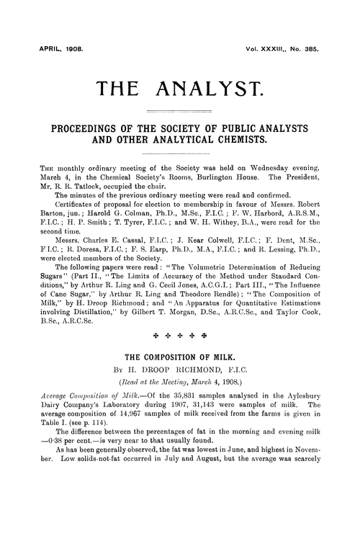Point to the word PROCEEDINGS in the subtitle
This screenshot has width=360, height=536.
click(x=89, y=128)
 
